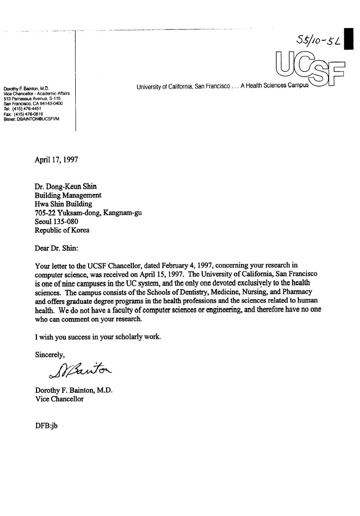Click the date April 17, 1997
pyautogui.click(x=56, y=160)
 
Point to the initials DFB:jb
pyautogui.click(x=46, y=425)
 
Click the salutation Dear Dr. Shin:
pyautogui.click(x=59, y=247)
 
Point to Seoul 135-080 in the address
pyautogui.click(x=57, y=221)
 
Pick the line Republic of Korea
pyautogui.click(x=62, y=230)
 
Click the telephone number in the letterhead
pyautogui.click(x=23, y=109)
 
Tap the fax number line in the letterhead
pyautogui.click(x=23, y=114)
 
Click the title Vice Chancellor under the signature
pyautogui.click(x=59, y=399)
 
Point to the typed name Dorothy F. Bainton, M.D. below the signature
pyautogui.click(x=73, y=390)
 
